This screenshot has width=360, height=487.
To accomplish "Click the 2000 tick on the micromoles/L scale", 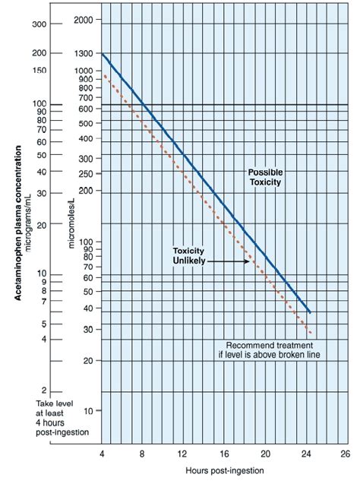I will point(84,19).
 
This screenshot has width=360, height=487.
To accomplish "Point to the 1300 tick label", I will point(84,55).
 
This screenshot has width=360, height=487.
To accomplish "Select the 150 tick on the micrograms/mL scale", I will point(39,70).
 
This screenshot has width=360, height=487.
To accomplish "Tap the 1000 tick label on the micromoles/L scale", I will point(84,71).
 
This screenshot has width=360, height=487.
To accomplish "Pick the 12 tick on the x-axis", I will point(182,453).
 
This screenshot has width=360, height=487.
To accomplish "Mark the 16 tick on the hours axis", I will point(223,453).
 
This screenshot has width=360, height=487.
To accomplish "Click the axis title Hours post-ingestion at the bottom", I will point(223,471).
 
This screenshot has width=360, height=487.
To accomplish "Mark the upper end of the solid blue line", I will point(102,55).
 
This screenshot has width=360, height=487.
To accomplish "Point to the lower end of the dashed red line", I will point(311,334).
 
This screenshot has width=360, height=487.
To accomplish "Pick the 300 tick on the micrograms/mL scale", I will point(39,24).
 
